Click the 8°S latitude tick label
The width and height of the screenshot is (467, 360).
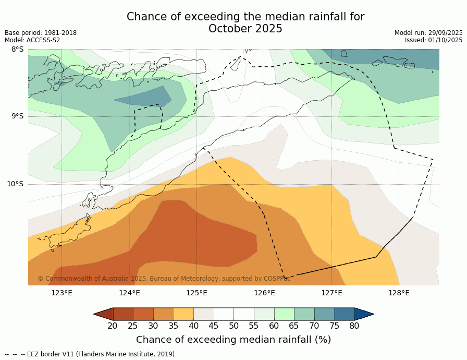pyautogui.click(x=17, y=50)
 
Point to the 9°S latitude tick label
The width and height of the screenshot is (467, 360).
pyautogui.click(x=17, y=116)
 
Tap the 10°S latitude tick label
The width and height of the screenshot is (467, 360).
pyautogui.click(x=15, y=184)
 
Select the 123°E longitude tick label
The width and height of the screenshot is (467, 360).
pyautogui.click(x=62, y=293)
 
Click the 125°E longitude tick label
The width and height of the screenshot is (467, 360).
pyautogui.click(x=196, y=293)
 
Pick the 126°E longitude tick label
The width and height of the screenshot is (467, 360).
pyautogui.click(x=264, y=293)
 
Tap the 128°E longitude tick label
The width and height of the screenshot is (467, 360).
pyautogui.click(x=399, y=293)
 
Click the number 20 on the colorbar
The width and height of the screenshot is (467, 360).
pyautogui.click(x=113, y=326)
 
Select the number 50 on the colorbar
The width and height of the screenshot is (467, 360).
pyautogui.click(x=233, y=326)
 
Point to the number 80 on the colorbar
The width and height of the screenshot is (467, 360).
pyautogui.click(x=354, y=326)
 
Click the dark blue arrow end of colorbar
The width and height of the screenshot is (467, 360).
pyautogui.click(x=364, y=314)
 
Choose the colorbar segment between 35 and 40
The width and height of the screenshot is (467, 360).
pyautogui.click(x=183, y=314)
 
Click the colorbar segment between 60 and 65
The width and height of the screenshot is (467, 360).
pyautogui.click(x=284, y=314)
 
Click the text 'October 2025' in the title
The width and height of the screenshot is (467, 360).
pyautogui.click(x=245, y=29)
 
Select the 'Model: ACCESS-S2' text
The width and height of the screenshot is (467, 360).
pyautogui.click(x=32, y=40)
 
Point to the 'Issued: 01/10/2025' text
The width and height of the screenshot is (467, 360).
pyautogui.click(x=434, y=40)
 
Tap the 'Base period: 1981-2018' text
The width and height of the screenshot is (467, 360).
pyautogui.click(x=41, y=33)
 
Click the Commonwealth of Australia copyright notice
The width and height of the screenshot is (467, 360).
pyautogui.click(x=164, y=279)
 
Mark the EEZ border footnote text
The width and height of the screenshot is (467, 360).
pyautogui.click(x=91, y=354)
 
